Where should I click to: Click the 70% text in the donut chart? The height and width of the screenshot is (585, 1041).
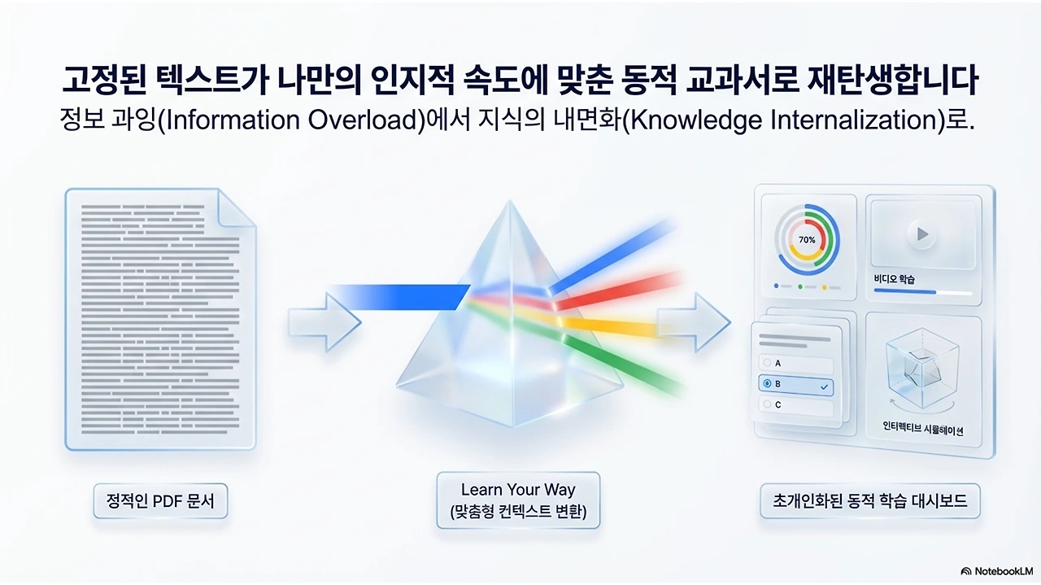pyautogui.click(x=807, y=240)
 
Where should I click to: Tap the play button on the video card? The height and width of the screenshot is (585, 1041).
pyautogui.click(x=921, y=234)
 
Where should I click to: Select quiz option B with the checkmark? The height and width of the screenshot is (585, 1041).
pyautogui.click(x=796, y=385)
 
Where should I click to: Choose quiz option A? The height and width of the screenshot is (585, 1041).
pyautogui.click(x=796, y=364)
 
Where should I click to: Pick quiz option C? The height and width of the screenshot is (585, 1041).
pyautogui.click(x=796, y=405)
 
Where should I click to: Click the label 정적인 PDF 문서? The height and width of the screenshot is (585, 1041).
pyautogui.click(x=160, y=501)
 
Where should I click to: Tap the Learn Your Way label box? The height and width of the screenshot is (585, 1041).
pyautogui.click(x=518, y=500)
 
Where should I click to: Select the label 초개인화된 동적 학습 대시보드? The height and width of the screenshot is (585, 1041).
pyautogui.click(x=869, y=501)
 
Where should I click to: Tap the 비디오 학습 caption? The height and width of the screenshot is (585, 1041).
pyautogui.click(x=895, y=279)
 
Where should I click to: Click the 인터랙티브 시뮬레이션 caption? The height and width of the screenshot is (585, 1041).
pyautogui.click(x=922, y=430)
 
